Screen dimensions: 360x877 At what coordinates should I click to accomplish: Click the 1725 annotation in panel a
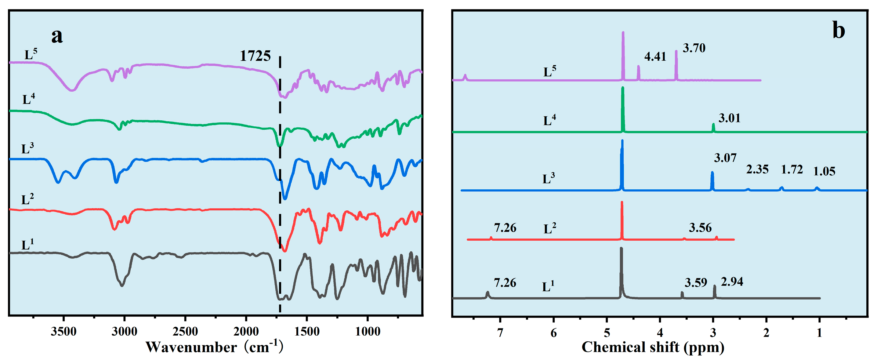click(255, 56)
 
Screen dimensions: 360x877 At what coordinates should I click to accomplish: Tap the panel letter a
click(57, 36)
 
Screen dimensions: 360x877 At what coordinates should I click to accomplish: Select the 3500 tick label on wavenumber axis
click(64, 331)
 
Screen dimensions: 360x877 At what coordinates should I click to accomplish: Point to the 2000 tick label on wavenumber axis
click(246, 331)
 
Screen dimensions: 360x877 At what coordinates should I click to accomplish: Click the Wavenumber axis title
click(214, 347)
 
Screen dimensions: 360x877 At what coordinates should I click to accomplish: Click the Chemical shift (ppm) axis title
click(653, 347)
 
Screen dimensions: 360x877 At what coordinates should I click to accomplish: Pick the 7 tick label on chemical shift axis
click(500, 333)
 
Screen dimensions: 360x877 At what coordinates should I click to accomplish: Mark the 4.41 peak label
click(655, 56)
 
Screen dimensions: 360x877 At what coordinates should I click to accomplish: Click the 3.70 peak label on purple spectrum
click(694, 48)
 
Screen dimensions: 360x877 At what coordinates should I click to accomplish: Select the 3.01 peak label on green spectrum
click(729, 118)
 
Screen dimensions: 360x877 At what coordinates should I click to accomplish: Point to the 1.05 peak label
click(824, 171)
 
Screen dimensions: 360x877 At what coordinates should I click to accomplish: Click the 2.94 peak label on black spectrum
click(732, 282)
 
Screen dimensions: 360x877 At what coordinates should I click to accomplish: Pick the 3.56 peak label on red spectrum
click(700, 227)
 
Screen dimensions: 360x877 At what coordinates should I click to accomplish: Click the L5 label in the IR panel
click(30, 54)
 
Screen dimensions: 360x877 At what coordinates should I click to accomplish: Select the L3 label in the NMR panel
click(549, 178)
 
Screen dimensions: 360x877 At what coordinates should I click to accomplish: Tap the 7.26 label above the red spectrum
click(505, 227)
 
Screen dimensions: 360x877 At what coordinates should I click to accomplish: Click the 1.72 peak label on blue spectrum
click(792, 169)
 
